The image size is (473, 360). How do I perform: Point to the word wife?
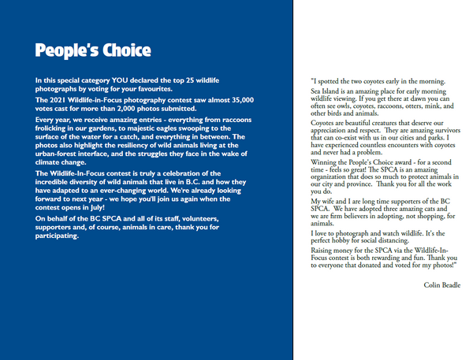[328, 202]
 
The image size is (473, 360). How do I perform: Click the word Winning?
[326, 162]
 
